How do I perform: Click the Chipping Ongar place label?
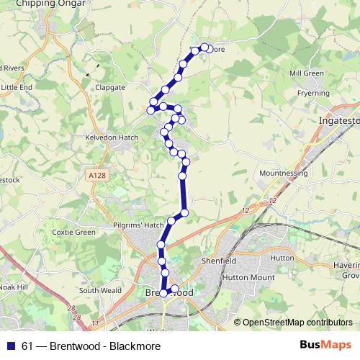43,4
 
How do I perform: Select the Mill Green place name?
305,73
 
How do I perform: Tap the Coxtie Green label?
73,233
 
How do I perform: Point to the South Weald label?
98,291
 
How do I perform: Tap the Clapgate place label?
110,87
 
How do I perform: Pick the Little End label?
17,87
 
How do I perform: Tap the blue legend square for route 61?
11,345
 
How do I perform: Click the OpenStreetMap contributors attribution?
297,323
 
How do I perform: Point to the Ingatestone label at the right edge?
338,122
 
